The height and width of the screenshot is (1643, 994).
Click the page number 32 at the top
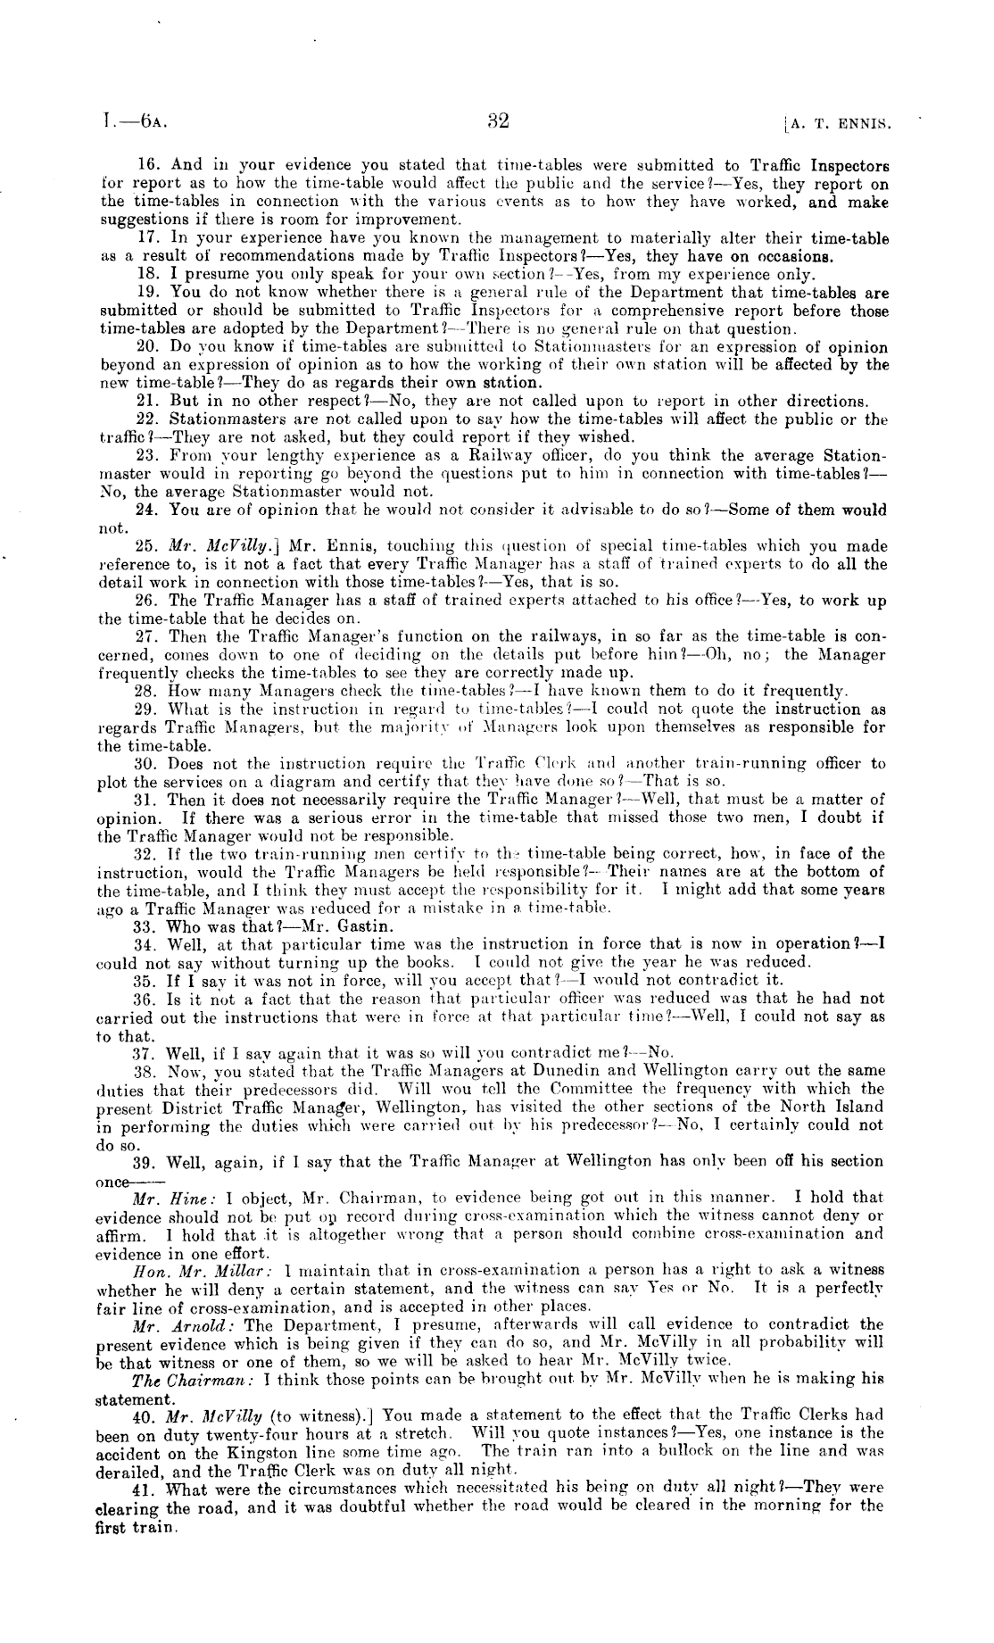click(498, 120)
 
